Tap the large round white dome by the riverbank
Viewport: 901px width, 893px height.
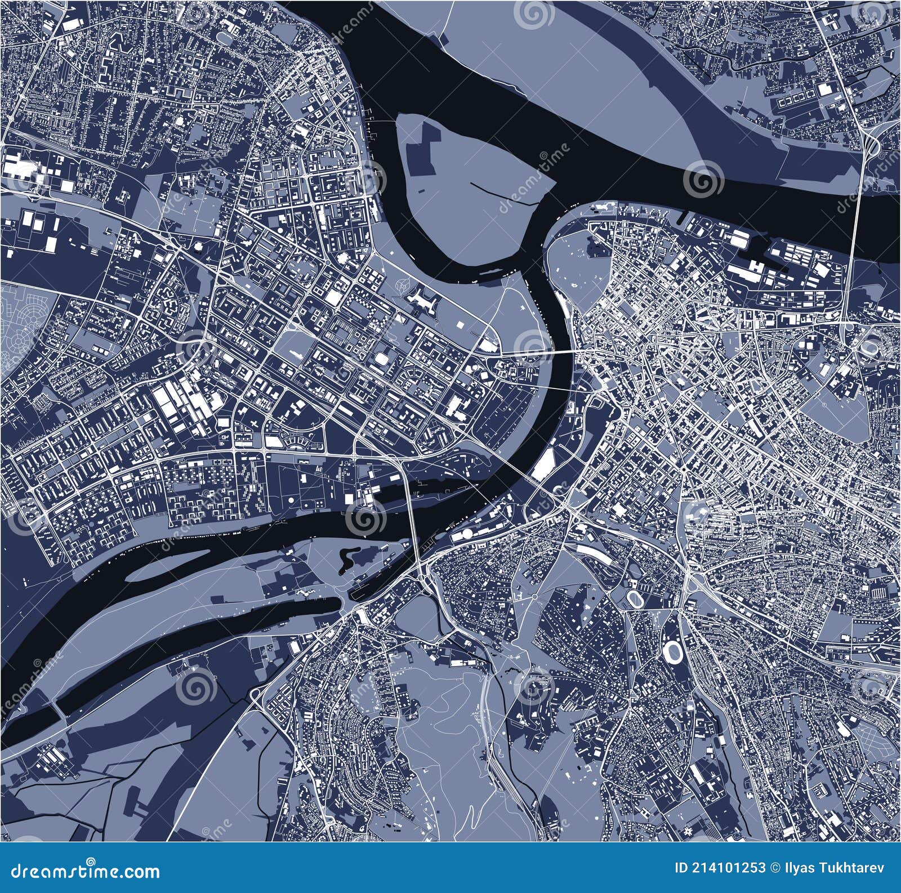pyautogui.click(x=467, y=534)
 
